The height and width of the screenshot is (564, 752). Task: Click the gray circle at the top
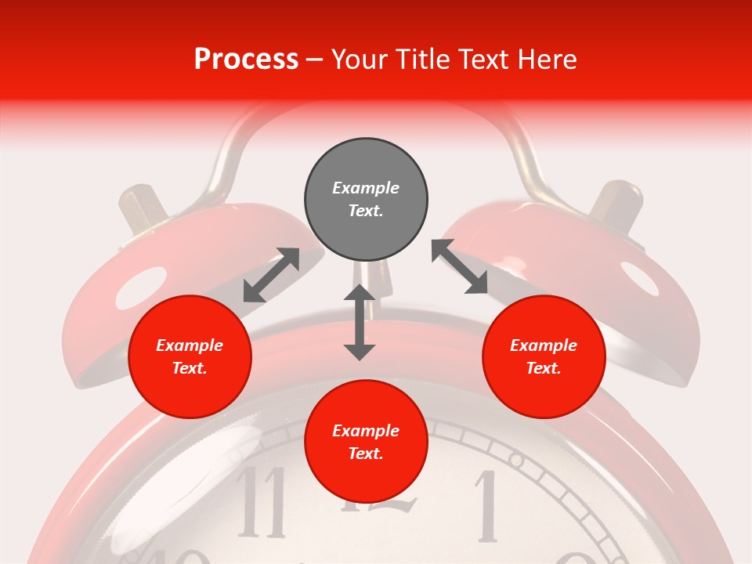366,200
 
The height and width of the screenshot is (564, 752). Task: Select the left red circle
190,356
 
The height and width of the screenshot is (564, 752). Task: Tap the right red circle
544,356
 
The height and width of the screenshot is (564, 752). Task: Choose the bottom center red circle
366,442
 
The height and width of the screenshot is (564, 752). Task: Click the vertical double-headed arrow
360,322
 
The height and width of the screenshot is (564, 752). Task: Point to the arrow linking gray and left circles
271,275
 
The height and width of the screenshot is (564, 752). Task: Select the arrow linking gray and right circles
460,266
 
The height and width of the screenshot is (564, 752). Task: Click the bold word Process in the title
246,60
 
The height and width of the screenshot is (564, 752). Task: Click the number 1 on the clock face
488,506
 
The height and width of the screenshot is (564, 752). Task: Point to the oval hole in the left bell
141,288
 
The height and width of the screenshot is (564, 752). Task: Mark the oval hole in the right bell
640,278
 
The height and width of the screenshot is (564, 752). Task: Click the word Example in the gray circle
366,188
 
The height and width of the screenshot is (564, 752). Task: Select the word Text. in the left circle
190,368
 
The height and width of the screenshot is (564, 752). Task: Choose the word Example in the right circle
544,345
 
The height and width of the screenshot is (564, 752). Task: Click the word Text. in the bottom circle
366,454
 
